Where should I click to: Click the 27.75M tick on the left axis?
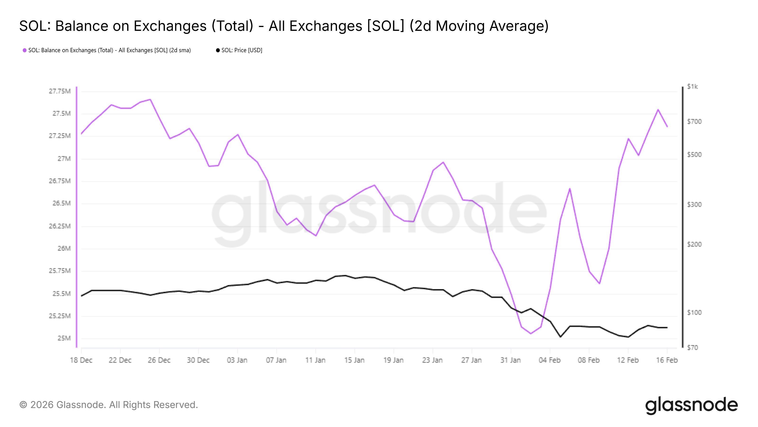(x=60, y=91)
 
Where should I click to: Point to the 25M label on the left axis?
(x=64, y=338)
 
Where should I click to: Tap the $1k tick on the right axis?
(x=692, y=87)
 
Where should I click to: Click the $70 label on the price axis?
(x=692, y=348)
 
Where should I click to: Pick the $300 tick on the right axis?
(x=694, y=204)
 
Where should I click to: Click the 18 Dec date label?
(x=81, y=360)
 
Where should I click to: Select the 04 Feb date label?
(x=550, y=360)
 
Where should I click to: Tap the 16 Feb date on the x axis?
(x=667, y=360)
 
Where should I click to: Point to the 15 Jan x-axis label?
(x=354, y=360)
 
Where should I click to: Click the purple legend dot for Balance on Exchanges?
(x=25, y=50)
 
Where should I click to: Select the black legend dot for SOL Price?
(x=218, y=50)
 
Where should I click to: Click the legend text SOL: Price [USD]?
(x=242, y=50)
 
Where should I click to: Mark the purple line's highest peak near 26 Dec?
(x=150, y=99)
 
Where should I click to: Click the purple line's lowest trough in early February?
(x=531, y=334)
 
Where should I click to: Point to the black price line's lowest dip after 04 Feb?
(x=560, y=337)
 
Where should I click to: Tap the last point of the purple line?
(x=667, y=127)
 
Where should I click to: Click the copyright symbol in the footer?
(x=23, y=405)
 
